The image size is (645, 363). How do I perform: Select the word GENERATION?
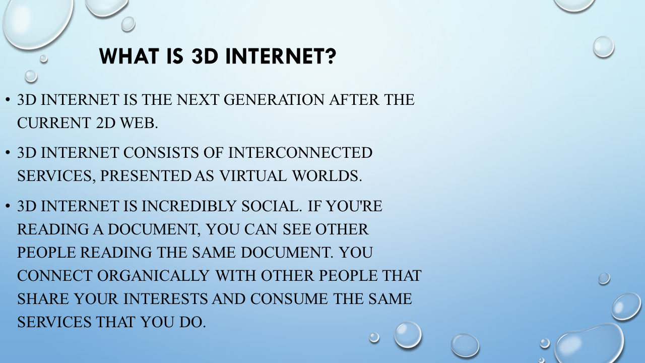tap(274, 100)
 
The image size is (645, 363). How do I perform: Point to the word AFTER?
tap(354, 100)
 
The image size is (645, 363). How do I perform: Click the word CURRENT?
tap(54, 123)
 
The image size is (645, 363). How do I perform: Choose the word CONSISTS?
tap(161, 153)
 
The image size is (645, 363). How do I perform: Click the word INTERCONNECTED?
tap(300, 153)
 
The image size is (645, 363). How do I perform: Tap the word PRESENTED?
tap(146, 176)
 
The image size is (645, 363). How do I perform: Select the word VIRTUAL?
tap(253, 176)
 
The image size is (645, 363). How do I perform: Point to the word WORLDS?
tap(327, 176)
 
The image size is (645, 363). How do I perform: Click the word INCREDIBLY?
tap(189, 206)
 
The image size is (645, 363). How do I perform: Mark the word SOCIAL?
tap(272, 206)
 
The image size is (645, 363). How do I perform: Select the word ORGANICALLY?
tap(153, 276)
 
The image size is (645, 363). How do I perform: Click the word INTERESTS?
tap(166, 299)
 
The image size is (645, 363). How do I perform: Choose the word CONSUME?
tap(289, 299)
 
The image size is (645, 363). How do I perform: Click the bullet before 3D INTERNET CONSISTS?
tap(8, 153)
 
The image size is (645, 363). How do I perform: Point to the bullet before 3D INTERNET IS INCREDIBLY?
tap(8, 206)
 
